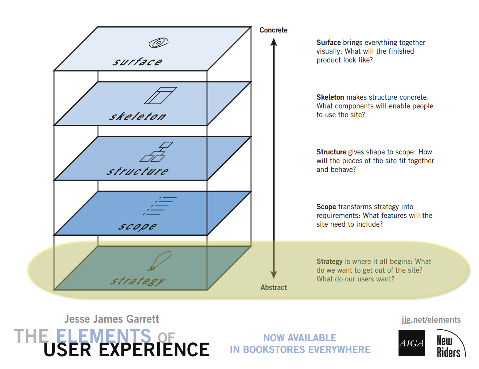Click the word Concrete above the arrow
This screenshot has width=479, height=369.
click(x=273, y=30)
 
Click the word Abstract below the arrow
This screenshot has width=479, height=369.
click(x=273, y=288)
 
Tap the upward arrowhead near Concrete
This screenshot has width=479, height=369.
click(x=274, y=42)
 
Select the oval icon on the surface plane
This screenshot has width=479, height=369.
click(x=158, y=43)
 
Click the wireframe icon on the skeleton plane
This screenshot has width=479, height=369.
click(x=160, y=95)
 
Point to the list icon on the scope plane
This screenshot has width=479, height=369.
click(x=160, y=205)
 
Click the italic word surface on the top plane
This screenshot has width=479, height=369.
click(x=137, y=62)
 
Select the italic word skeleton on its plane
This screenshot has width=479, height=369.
click(x=137, y=117)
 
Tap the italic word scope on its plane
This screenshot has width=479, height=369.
click(x=137, y=226)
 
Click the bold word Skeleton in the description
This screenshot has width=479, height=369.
click(x=330, y=97)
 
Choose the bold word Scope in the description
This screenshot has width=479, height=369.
click(x=326, y=207)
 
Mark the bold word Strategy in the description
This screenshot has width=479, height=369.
click(x=329, y=262)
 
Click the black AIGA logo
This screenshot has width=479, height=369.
click(x=411, y=343)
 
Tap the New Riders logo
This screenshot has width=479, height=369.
click(x=450, y=345)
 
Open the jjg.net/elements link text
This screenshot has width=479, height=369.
click(x=431, y=320)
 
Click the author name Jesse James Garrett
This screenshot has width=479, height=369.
click(x=112, y=319)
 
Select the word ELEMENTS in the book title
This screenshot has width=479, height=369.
click(x=104, y=335)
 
